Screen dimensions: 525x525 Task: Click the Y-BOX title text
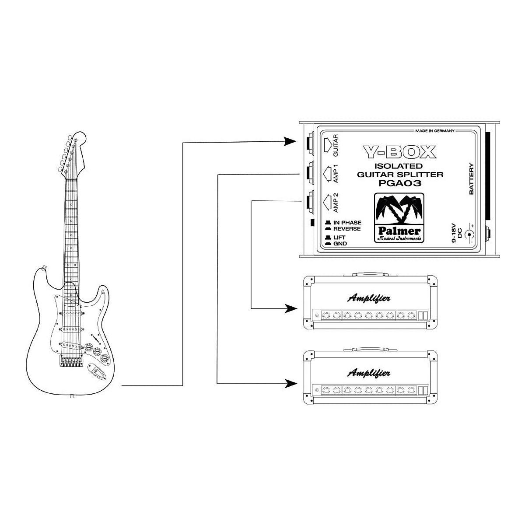(399, 152)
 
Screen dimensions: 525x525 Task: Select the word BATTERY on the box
(472, 179)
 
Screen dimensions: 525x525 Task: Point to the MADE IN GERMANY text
(434, 131)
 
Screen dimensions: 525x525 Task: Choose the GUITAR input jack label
(336, 146)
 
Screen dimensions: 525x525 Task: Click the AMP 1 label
(336, 174)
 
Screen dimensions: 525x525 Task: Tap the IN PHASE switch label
(347, 223)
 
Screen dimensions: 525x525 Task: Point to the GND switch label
(340, 243)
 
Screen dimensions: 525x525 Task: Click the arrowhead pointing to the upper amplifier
(290, 308)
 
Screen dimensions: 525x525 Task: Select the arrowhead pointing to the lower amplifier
(290, 384)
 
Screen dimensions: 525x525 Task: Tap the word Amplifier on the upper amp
(369, 298)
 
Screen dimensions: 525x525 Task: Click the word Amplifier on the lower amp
(369, 373)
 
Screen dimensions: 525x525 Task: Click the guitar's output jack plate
(97, 371)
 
